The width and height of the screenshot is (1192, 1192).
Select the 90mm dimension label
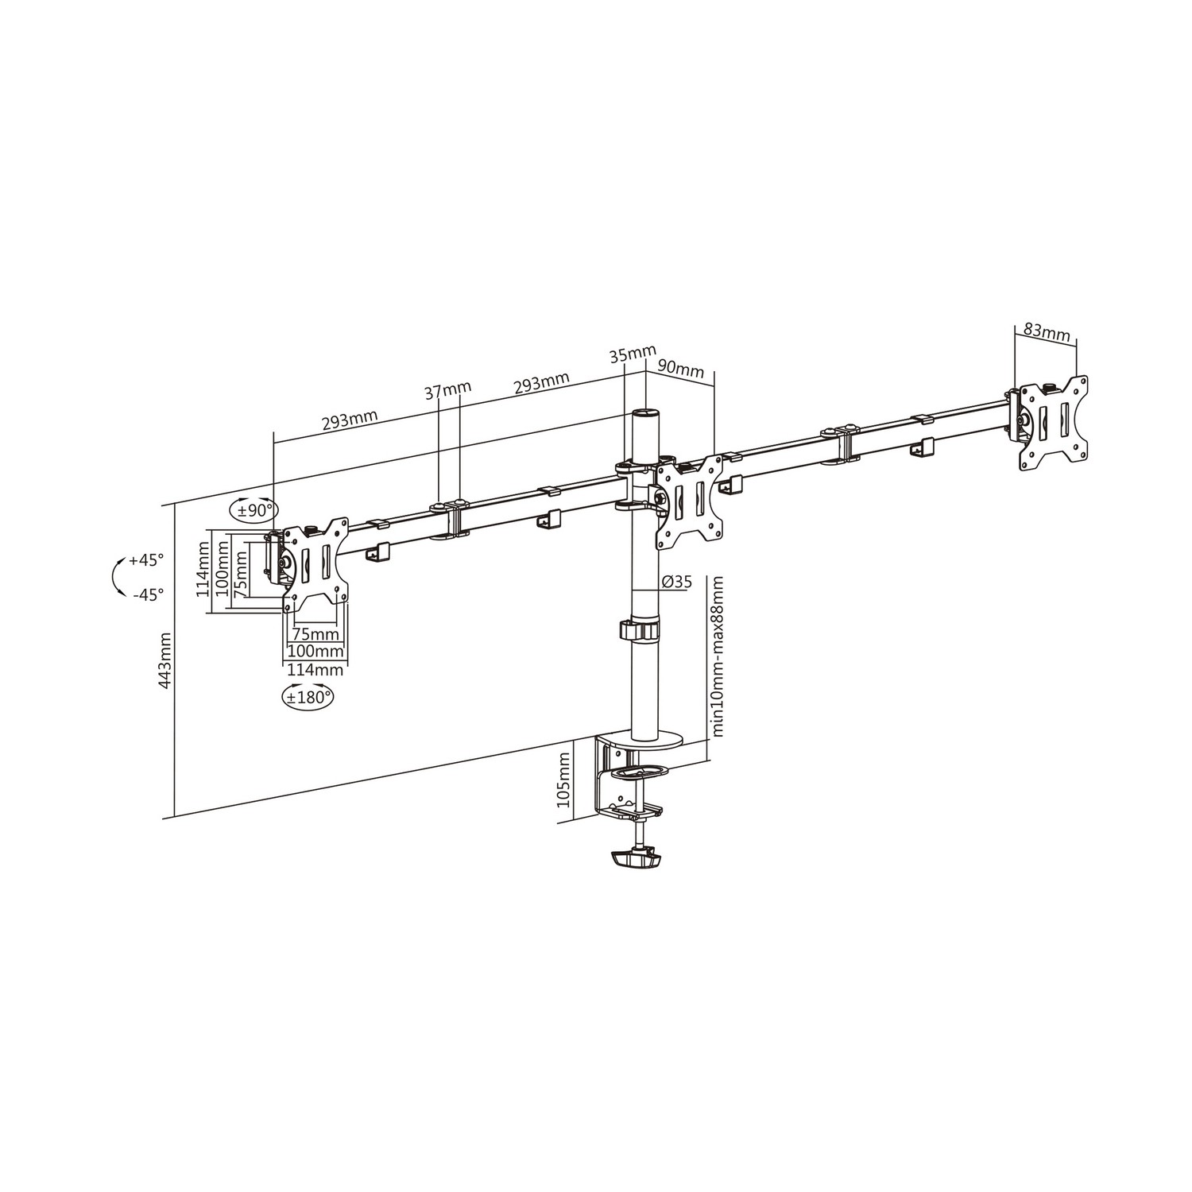click(681, 370)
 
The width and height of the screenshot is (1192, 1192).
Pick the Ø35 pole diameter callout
click(675, 582)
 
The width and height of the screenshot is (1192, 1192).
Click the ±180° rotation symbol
click(308, 697)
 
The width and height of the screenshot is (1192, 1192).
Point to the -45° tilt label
click(148, 593)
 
